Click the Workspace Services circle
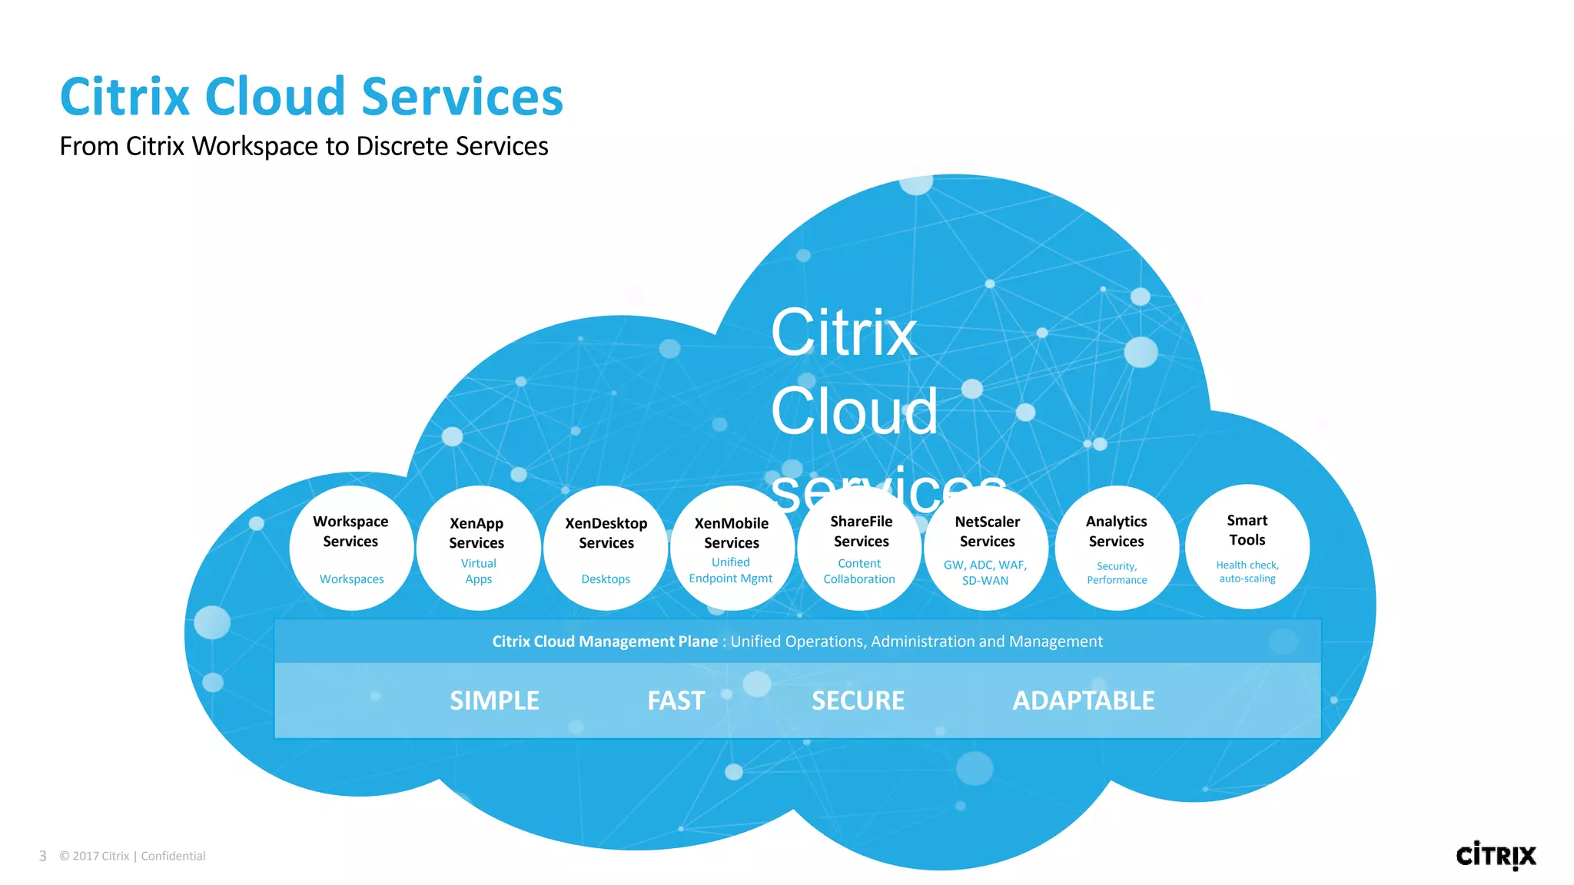351,549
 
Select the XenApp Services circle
478,549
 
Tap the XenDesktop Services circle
606,549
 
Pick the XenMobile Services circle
732,549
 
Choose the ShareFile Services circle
859,549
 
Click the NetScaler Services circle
986,549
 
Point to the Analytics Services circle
1116,549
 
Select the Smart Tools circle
1247,547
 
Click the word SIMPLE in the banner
494,701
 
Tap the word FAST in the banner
676,701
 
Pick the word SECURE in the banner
858,701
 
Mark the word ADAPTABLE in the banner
1083,701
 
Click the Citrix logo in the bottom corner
1495,855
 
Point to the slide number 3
43,856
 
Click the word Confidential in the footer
173,856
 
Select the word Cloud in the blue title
274,98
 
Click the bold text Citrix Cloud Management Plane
604,641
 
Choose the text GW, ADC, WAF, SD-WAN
985,572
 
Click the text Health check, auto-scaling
1247,572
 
